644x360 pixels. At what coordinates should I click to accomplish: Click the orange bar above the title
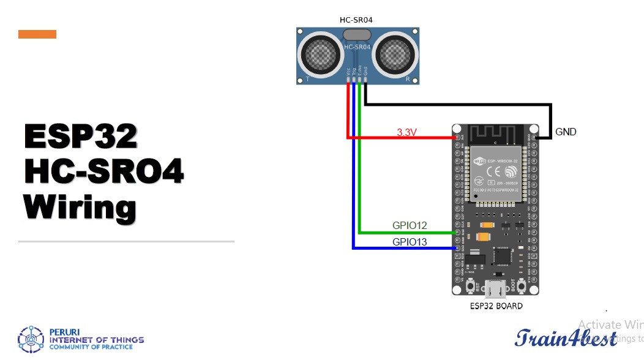[x=37, y=34]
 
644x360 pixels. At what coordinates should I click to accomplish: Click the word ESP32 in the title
[x=81, y=137]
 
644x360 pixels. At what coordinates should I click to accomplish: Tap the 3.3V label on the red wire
[x=408, y=132]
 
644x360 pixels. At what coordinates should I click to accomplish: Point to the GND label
[x=566, y=132]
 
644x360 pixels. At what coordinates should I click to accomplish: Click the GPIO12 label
[x=410, y=225]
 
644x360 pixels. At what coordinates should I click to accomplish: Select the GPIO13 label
[x=410, y=242]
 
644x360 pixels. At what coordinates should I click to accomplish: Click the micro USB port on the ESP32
[x=496, y=288]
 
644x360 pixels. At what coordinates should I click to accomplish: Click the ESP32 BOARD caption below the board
[x=496, y=306]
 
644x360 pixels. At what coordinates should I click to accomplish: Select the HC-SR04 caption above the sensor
[x=356, y=20]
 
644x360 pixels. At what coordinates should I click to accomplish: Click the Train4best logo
[x=566, y=337]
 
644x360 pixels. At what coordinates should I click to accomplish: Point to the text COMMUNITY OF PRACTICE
[x=91, y=347]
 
